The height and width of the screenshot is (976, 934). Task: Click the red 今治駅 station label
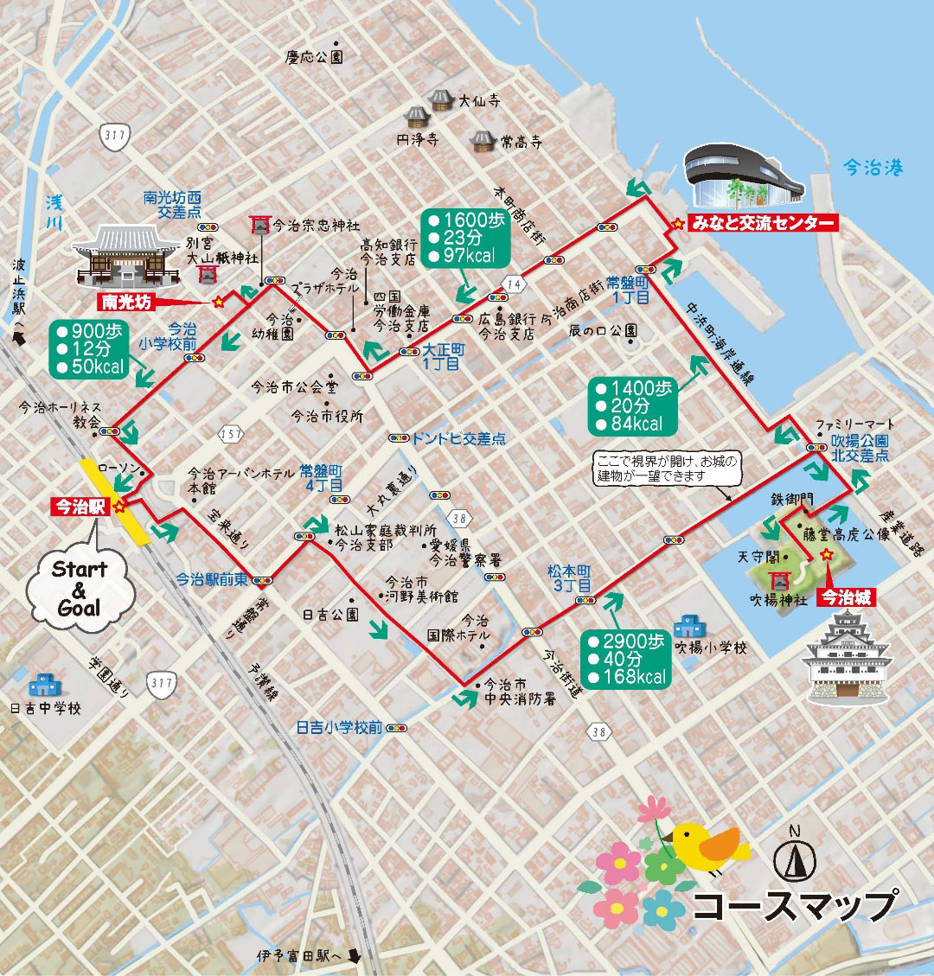[x=78, y=507]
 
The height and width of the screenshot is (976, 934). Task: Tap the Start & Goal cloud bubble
[x=79, y=589]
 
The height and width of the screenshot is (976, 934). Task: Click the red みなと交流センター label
[x=764, y=224]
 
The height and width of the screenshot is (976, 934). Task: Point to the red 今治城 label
[x=847, y=596]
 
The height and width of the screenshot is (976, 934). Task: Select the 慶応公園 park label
[x=314, y=57]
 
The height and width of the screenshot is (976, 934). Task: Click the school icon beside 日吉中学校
[x=42, y=686]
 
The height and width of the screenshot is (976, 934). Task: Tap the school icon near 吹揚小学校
[x=689, y=624]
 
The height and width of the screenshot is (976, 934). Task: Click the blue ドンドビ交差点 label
[x=458, y=438]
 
